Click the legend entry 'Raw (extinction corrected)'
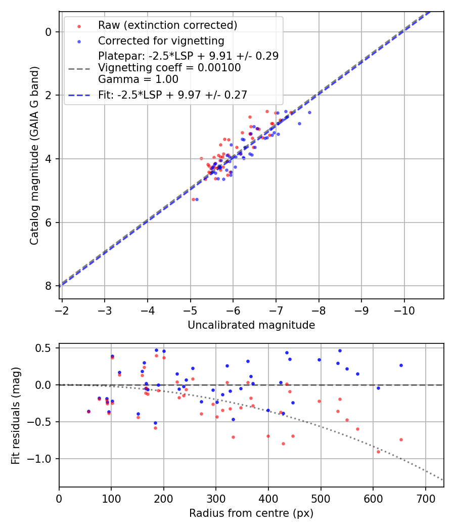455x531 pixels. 167,25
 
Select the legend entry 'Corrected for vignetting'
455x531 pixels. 161,40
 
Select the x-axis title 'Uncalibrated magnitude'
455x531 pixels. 251,325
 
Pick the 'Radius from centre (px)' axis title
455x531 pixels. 251,513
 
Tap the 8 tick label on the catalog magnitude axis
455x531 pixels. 49,286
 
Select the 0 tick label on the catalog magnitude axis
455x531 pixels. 49,32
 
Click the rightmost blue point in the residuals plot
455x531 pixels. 401,365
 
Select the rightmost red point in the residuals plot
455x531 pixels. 401,439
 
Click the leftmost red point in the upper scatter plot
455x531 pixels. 193,199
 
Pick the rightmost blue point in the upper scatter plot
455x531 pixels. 309,112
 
